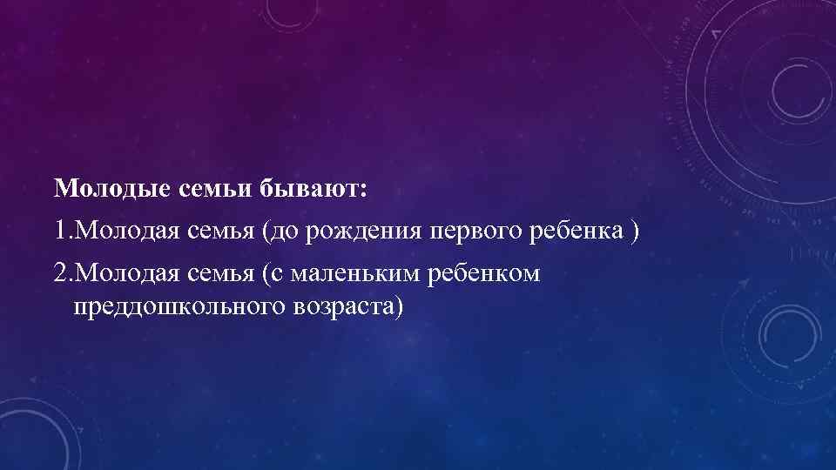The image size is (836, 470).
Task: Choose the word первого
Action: [472, 232]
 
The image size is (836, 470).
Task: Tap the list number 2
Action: [59, 274]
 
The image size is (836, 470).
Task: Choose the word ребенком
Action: [485, 274]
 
